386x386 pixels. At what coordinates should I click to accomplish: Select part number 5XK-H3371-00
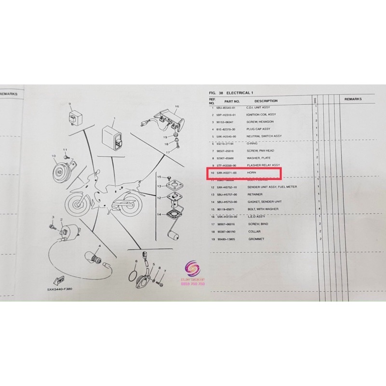[227, 172]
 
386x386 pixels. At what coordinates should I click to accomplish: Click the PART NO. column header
[227, 101]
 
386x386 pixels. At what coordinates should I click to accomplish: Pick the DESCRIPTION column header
[266, 101]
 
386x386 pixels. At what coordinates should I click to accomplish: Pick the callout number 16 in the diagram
[177, 106]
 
